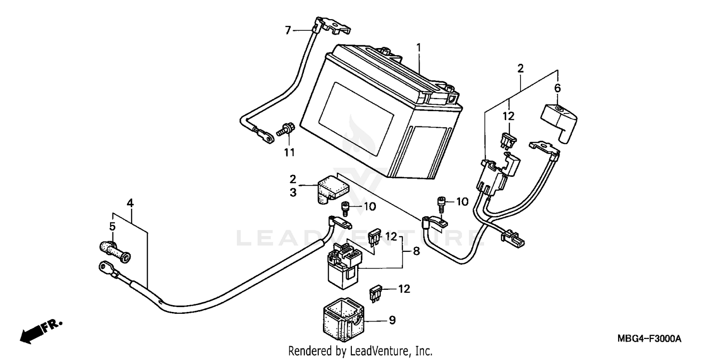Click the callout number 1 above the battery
click(418, 48)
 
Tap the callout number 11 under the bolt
click(288, 153)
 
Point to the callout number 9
click(392, 320)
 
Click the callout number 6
click(558, 88)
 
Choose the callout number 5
click(112, 226)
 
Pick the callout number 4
click(130, 203)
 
